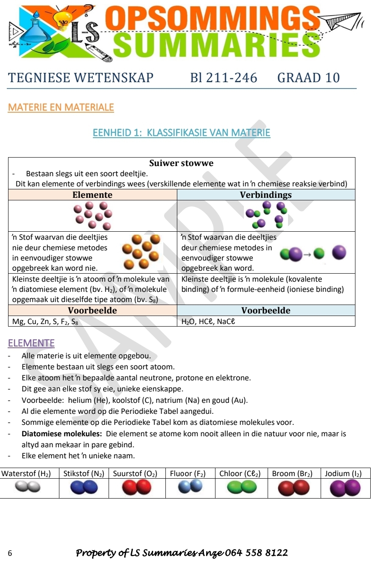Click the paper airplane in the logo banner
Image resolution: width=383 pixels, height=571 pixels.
(341, 21)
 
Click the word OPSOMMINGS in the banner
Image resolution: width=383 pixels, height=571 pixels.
(212, 19)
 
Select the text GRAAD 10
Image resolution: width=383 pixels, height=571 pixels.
(308, 78)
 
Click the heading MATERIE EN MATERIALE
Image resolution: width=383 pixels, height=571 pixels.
(61, 108)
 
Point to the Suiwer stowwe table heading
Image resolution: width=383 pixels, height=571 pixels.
(181, 163)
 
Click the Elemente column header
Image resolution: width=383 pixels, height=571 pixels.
(92, 195)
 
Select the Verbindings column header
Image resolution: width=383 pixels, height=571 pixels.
(266, 195)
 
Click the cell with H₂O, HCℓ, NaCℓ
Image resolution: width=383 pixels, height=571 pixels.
(208, 322)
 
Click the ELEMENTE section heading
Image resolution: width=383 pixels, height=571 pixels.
(31, 343)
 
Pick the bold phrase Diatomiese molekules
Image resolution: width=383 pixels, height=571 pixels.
(62, 434)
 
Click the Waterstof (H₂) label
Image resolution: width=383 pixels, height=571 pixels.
(26, 474)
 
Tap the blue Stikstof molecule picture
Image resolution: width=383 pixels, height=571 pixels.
(84, 488)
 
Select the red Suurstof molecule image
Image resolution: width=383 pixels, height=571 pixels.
(136, 488)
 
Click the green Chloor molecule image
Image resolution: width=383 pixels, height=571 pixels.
(242, 488)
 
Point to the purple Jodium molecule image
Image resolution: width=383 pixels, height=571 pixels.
(345, 488)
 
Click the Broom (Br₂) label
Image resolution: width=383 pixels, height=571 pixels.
(292, 474)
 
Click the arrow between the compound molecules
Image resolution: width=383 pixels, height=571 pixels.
(308, 254)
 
